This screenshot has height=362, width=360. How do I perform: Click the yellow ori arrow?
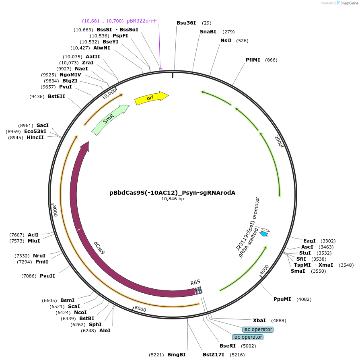coord(151,98)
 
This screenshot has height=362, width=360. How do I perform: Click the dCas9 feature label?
coord(99,247)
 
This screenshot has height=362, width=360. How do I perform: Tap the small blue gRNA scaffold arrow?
coord(264,233)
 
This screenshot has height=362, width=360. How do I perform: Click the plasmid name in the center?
coord(173,193)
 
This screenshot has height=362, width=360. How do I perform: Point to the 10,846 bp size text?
coord(173,199)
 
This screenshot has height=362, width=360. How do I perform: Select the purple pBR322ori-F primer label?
coord(142,21)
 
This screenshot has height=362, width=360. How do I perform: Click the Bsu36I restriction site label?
coord(186,23)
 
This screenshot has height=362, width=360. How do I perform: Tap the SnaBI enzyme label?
coord(208,32)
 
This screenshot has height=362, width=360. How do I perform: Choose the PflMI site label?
coord(253,60)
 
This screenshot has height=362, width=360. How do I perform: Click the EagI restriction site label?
coord(309,241)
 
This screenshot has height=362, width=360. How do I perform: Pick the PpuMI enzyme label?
coord(282,299)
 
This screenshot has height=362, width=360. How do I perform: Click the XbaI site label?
coord(259,321)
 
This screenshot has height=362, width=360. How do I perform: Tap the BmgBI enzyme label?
coord(177,355)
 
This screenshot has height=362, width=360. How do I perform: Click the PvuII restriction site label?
coord(47,276)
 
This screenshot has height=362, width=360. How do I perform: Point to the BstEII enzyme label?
coord(56,97)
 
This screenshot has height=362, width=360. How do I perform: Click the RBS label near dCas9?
coord(195,282)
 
